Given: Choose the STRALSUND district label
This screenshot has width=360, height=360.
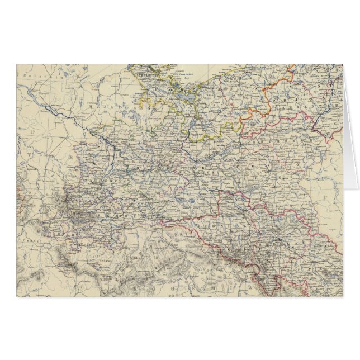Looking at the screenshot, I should (147, 72).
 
